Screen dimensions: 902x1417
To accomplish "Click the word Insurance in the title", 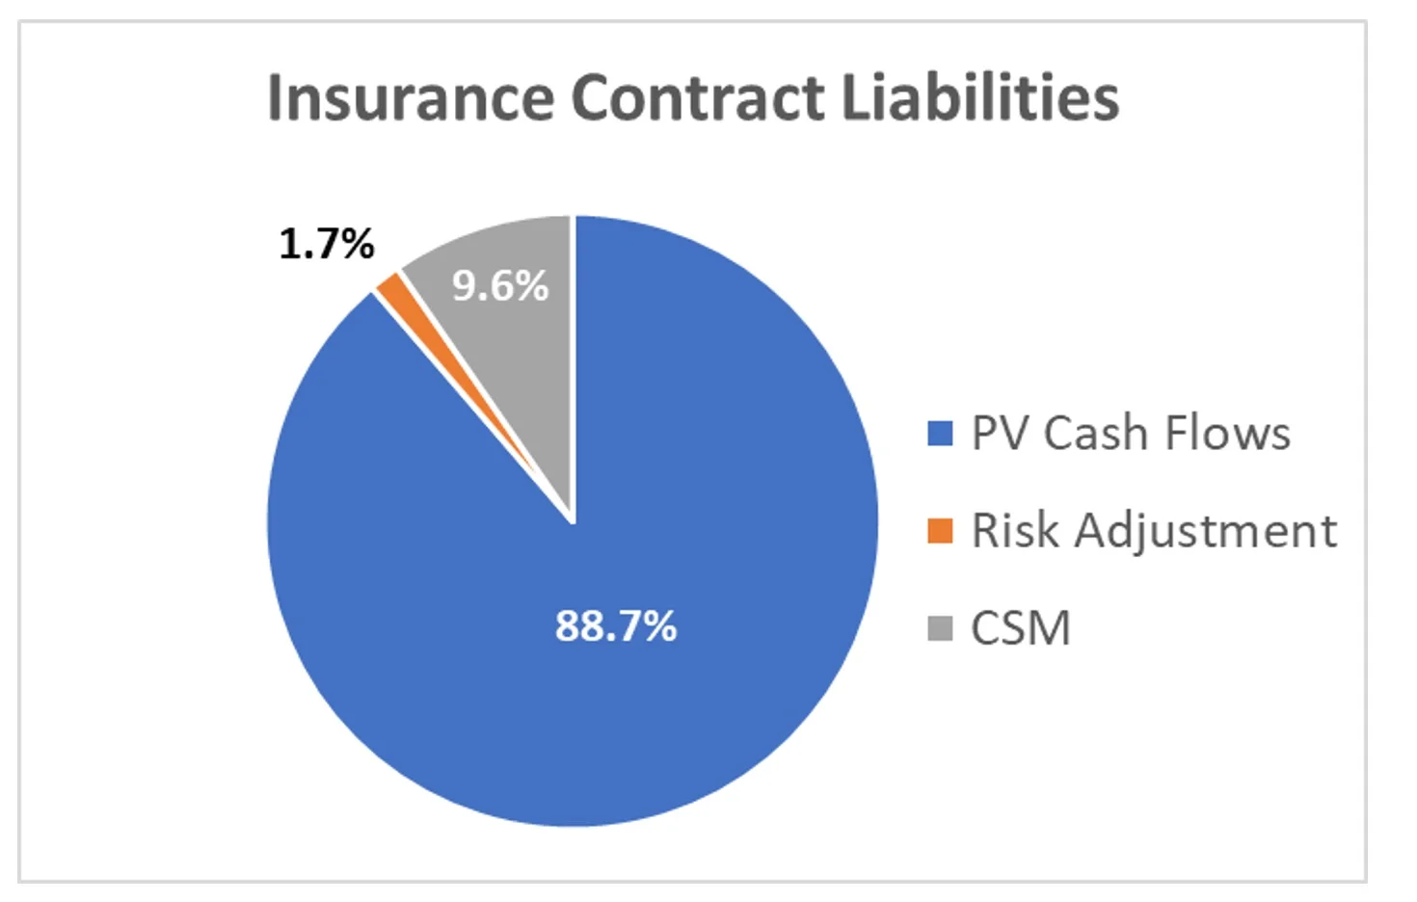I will [x=410, y=97].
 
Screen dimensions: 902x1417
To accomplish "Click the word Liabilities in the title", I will [x=980, y=97].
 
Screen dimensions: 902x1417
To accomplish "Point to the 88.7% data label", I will [x=616, y=625].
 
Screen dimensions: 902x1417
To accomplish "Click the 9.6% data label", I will [x=500, y=285].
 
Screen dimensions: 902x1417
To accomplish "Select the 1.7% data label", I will [x=327, y=243].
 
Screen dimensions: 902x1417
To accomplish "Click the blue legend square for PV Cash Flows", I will [x=940, y=434].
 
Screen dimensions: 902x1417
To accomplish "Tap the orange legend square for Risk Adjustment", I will [x=940, y=531].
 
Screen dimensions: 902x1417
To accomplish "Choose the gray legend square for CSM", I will [x=940, y=628].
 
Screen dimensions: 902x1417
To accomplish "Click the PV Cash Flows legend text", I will [x=1131, y=434].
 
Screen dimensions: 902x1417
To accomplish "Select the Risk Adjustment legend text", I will [x=1154, y=531].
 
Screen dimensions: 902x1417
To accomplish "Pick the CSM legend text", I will [x=1021, y=628].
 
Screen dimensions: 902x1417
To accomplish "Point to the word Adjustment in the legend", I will [x=1206, y=531].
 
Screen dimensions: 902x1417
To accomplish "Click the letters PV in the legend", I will [x=1000, y=434].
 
